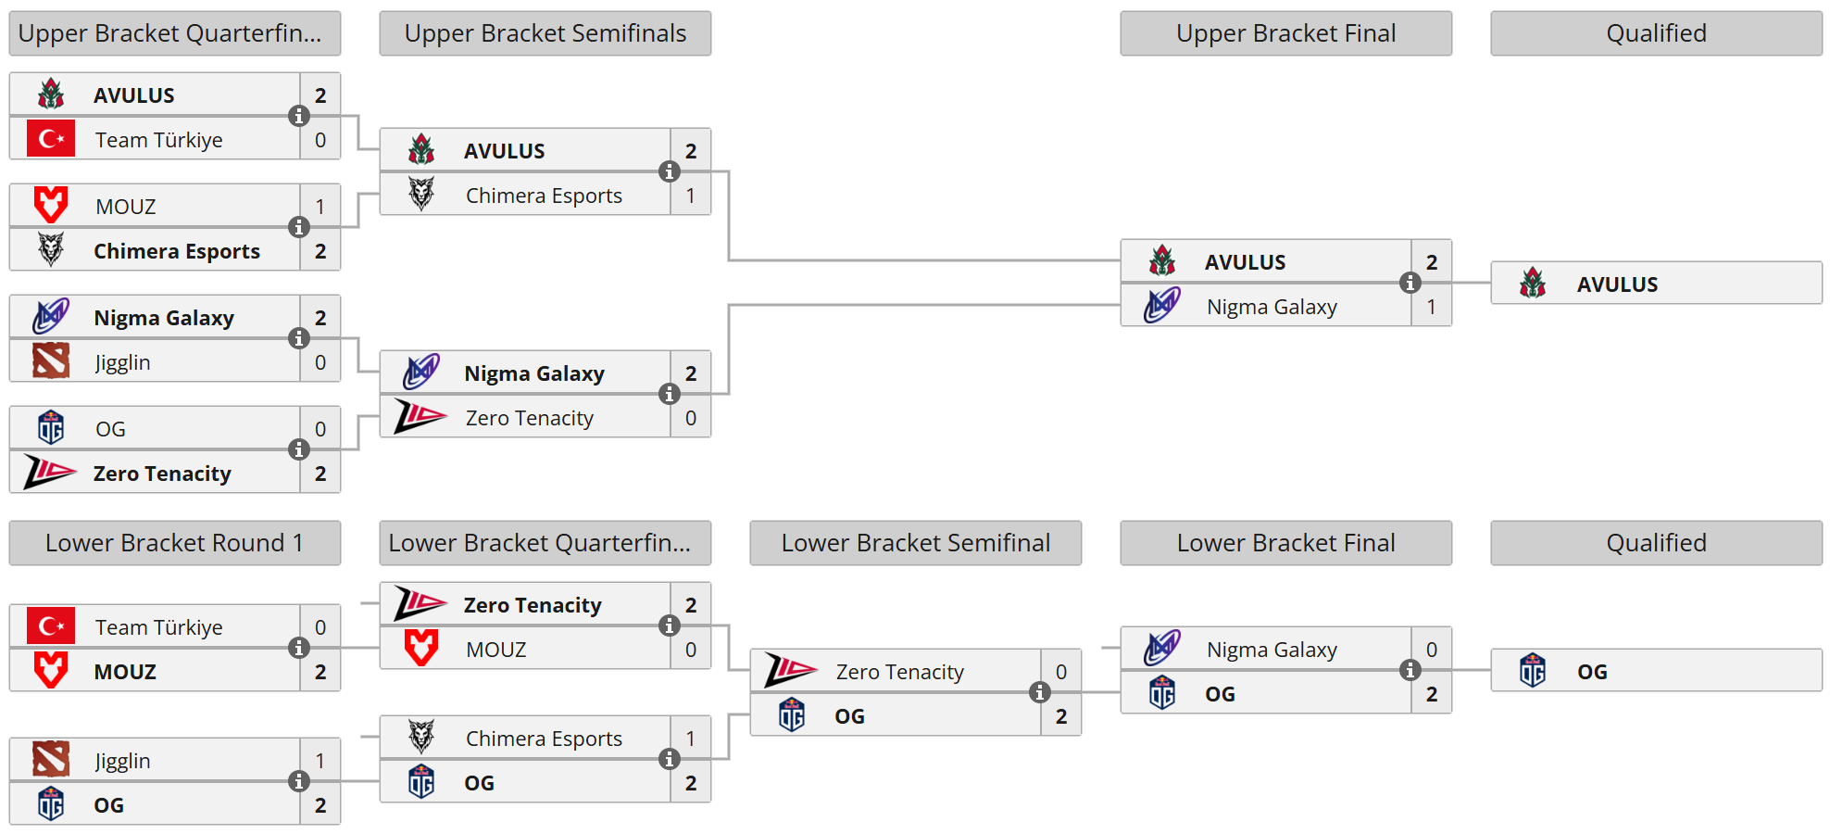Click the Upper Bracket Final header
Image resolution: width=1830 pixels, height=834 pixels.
point(1285,33)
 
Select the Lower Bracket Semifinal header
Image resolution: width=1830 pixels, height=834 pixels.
point(915,543)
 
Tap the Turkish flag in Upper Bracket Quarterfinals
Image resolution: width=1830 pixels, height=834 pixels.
point(51,139)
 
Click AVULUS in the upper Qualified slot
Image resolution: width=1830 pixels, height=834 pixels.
point(1617,284)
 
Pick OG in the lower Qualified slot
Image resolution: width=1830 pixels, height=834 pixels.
point(1592,672)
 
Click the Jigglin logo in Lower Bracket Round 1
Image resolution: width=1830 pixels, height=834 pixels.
point(51,760)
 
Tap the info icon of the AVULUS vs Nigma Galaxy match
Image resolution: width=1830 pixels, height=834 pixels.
point(1410,283)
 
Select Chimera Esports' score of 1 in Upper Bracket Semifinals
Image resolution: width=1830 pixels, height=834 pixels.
point(690,196)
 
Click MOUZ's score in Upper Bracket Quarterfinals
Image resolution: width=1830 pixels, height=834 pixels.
point(320,207)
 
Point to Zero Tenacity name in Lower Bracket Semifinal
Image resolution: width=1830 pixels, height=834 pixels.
point(899,672)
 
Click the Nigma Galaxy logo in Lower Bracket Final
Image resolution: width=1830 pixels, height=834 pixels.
point(1161,649)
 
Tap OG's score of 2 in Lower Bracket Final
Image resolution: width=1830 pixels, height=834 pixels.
point(1431,694)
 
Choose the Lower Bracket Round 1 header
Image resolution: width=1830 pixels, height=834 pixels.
point(174,543)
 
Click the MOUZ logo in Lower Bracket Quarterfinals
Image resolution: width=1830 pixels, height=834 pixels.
point(421,649)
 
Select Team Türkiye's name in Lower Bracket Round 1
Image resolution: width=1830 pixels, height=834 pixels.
point(158,627)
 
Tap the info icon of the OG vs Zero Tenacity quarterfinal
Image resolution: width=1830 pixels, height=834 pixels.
point(298,449)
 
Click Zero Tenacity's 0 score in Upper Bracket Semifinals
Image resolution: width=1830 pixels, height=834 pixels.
point(690,418)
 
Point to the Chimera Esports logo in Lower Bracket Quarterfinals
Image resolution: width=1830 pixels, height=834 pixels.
point(421,738)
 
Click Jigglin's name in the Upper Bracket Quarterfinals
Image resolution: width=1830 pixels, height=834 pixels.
point(122,362)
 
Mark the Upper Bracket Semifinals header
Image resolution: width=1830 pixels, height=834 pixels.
point(545,33)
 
